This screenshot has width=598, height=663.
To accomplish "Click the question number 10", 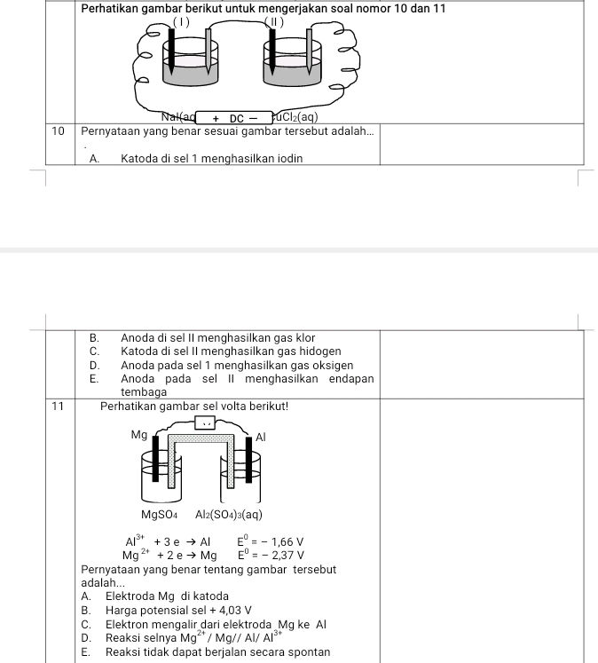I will click(58, 130).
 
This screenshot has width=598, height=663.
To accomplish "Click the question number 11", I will click(58, 406).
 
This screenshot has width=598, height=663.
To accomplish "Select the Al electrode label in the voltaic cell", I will click(260, 437).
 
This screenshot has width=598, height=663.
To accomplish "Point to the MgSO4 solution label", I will click(160, 515).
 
